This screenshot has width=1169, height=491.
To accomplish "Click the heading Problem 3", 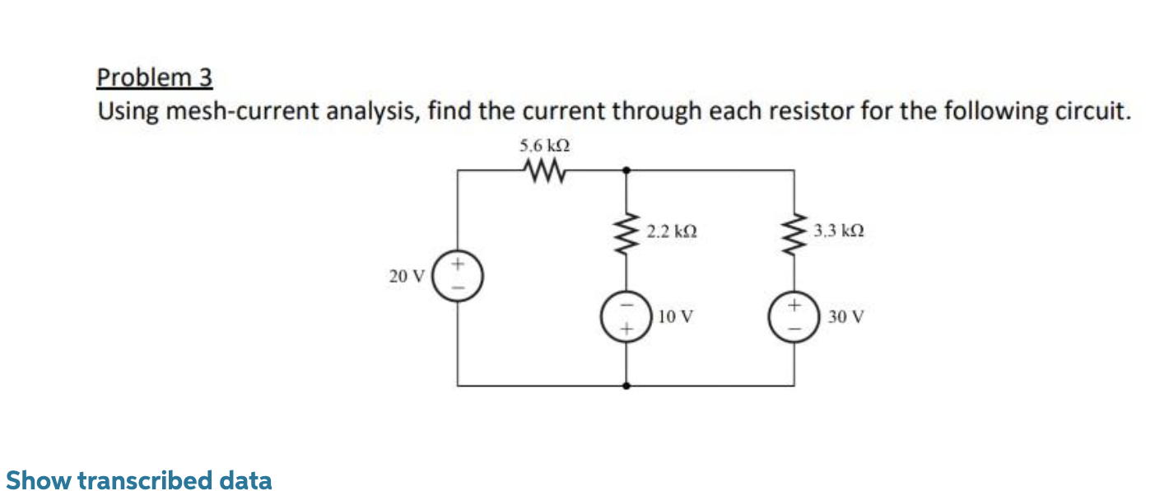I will [x=155, y=77].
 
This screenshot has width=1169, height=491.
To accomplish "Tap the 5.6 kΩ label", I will [x=545, y=146].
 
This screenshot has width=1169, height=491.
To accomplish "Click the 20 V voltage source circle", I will [x=459, y=276].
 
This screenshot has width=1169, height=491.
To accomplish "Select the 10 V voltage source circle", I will [x=626, y=316].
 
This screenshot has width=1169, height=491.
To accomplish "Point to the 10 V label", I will [x=676, y=316].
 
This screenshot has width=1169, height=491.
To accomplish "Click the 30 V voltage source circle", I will [x=794, y=316].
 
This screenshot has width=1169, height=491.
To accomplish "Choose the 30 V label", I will [x=845, y=316].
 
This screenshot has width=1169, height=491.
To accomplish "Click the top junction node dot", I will [x=627, y=171].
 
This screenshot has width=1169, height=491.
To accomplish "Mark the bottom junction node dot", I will [x=627, y=385].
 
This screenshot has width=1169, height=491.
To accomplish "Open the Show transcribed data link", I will [x=138, y=479].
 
